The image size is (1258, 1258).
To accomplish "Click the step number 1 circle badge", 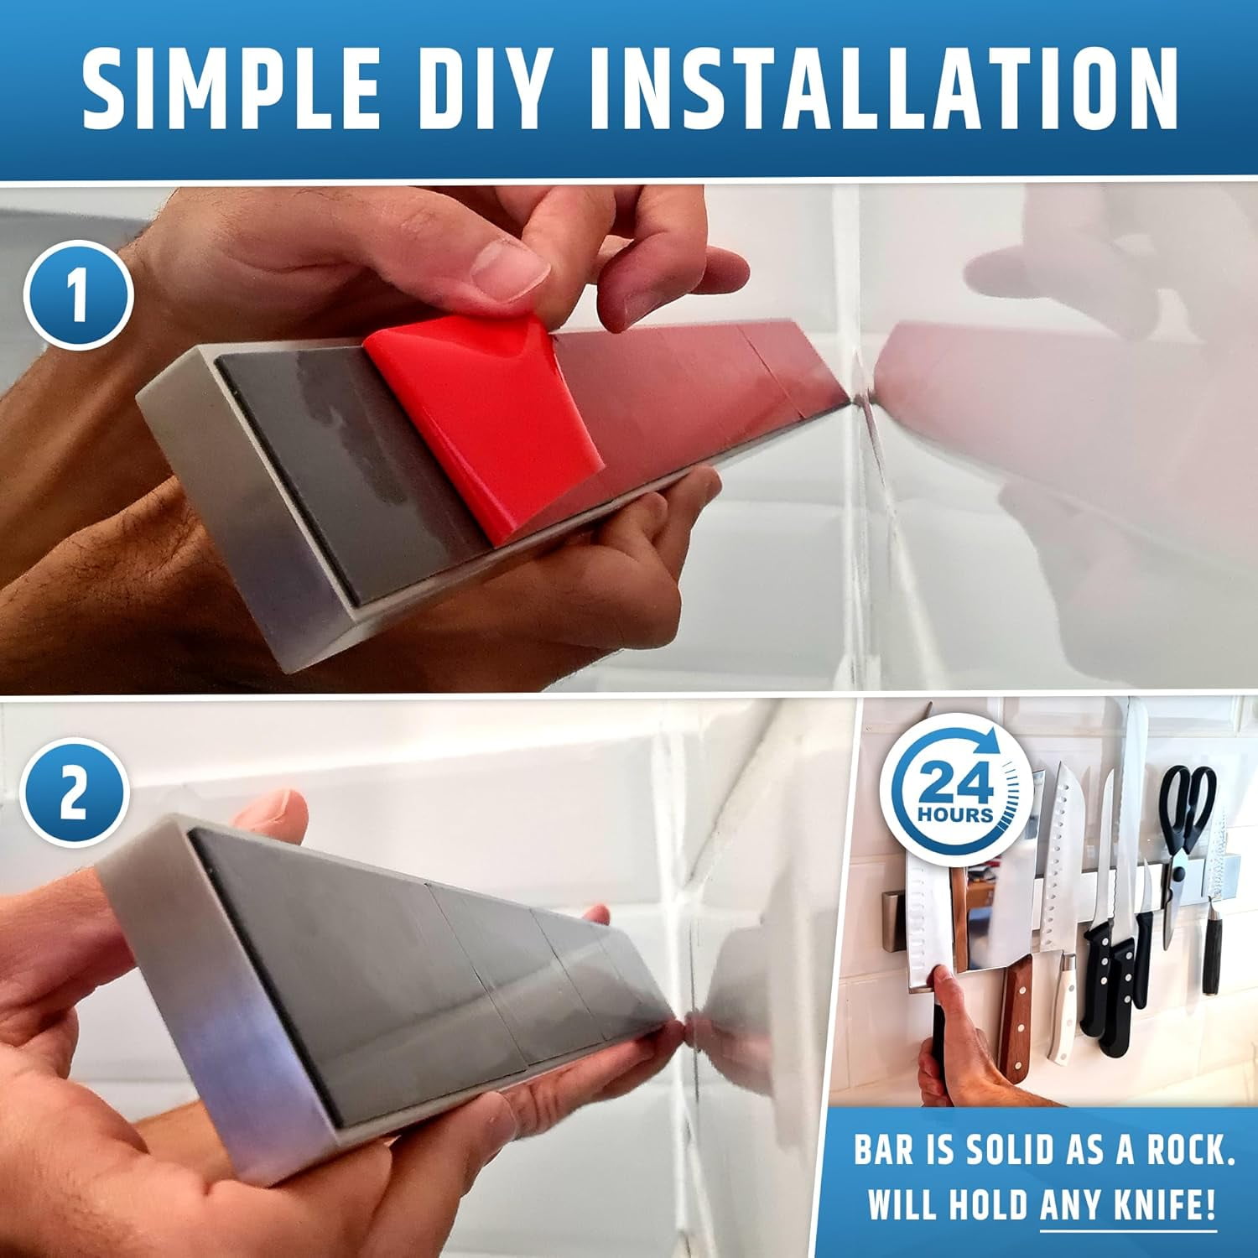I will click(77, 295).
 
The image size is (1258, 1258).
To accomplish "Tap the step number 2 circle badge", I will click(73, 793).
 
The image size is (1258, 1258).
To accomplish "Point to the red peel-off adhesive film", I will click(495, 419).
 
